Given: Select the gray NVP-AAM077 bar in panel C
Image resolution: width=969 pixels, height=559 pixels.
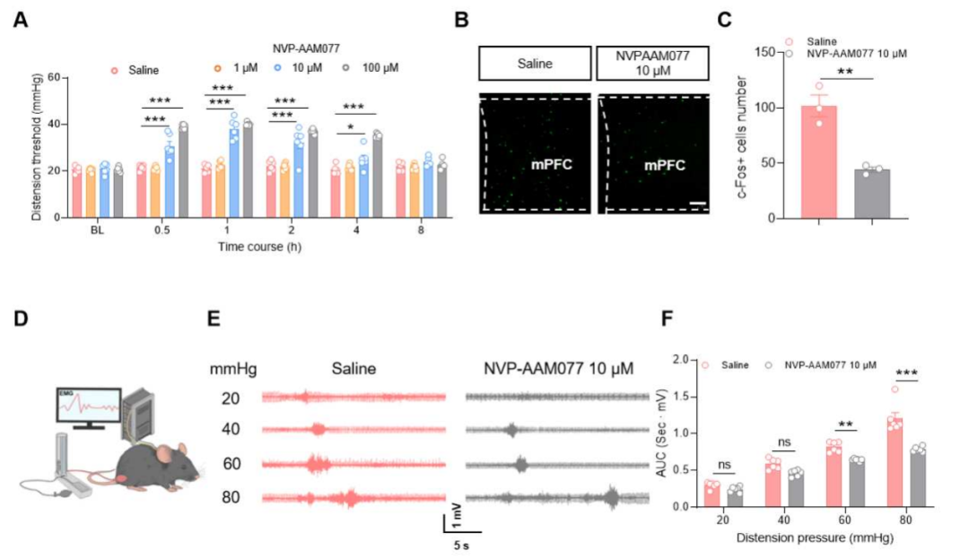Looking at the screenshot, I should (871, 193).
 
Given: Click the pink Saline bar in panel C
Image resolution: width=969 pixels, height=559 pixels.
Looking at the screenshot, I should (818, 162).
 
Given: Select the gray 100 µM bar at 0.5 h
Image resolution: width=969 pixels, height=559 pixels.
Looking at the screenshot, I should (183, 171).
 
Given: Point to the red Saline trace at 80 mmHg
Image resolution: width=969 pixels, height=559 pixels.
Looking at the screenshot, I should (354, 495).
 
